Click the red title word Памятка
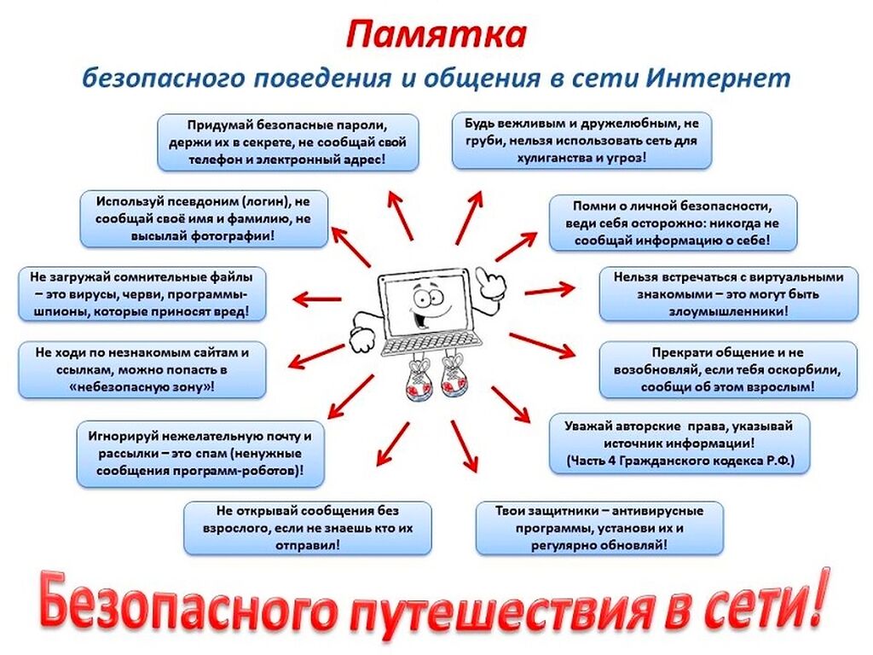(436, 37)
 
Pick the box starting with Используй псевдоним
(203, 219)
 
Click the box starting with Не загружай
(141, 294)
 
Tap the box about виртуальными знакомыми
(728, 294)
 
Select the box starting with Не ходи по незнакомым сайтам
(142, 369)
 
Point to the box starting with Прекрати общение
(728, 369)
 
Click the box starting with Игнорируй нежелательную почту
(200, 453)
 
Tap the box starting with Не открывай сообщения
(308, 529)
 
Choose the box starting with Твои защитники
(599, 528)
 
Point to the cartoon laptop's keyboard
(424, 345)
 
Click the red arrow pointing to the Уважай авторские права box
(512, 403)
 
